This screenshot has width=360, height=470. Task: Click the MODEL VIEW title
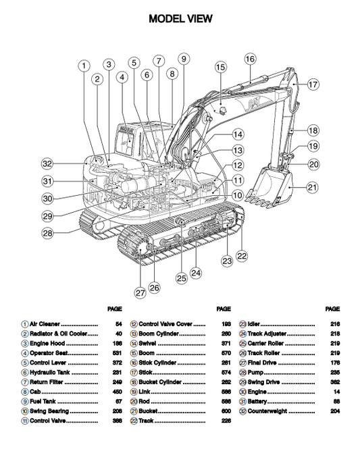coord(180,19)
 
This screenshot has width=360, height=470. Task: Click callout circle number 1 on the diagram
coord(83,66)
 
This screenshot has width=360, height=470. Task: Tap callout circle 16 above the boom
coord(249,59)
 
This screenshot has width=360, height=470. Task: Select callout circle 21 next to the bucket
coord(312,187)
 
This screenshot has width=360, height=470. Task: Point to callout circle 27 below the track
coord(140,293)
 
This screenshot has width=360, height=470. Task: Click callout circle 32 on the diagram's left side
coord(47,163)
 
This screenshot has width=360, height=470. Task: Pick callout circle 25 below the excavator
coord(181,278)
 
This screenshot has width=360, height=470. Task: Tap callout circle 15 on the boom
coord(220,67)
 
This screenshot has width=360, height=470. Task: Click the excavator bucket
coord(270,186)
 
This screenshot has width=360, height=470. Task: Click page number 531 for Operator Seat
coord(118,353)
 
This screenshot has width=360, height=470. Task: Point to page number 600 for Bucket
coord(226,411)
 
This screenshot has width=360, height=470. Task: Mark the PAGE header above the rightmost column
coord(332,309)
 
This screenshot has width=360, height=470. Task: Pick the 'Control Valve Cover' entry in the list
coord(166,324)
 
